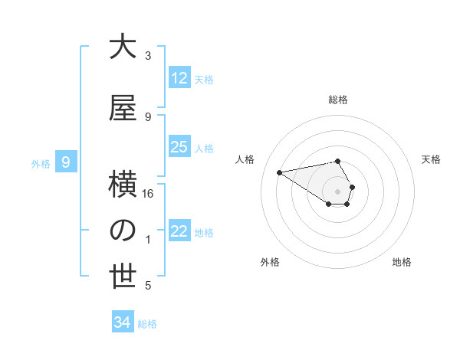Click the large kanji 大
pos(123,47)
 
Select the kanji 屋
pos(123,109)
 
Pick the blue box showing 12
pos(179,78)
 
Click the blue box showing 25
pos(179,147)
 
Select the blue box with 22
pos(179,231)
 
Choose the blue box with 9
pos(67,162)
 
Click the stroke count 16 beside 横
pos(148,194)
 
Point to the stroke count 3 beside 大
pos(148,56)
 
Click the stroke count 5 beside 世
pos(148,286)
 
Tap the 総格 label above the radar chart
pos(338,99)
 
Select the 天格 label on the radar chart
pos(431,159)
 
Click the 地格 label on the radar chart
pos(402,262)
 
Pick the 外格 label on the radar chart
pos(270,262)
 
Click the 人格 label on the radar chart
pos(245,159)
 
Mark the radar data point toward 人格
pos(279,172)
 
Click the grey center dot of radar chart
pos(338,191)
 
